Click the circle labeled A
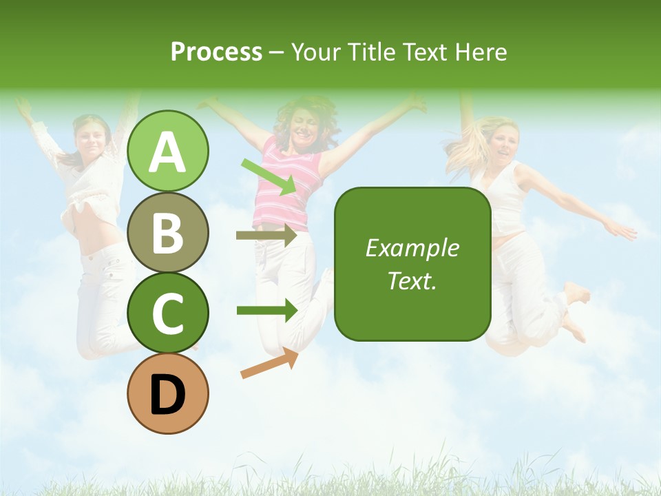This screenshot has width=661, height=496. click(x=168, y=152)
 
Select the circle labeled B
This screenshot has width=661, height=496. click(x=168, y=232)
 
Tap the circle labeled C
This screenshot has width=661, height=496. click(x=168, y=313)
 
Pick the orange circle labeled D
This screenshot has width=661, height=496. click(x=168, y=394)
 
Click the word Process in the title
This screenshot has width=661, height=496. click(x=216, y=52)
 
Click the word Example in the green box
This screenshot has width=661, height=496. click(x=412, y=248)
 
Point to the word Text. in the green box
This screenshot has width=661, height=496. click(x=412, y=280)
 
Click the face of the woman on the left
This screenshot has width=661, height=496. click(x=92, y=138)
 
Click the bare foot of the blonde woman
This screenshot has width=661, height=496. click(x=577, y=293)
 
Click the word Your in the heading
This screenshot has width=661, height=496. click(x=315, y=52)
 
